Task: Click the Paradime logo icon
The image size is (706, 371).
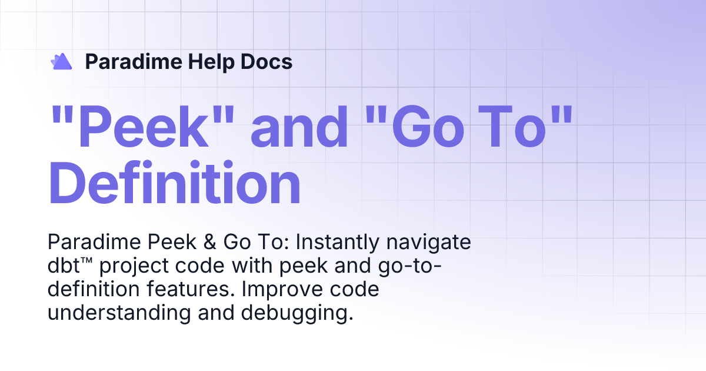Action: [x=61, y=61]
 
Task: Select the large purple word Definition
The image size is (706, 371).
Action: [x=174, y=184]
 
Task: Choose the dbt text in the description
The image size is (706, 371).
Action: [x=65, y=266]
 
